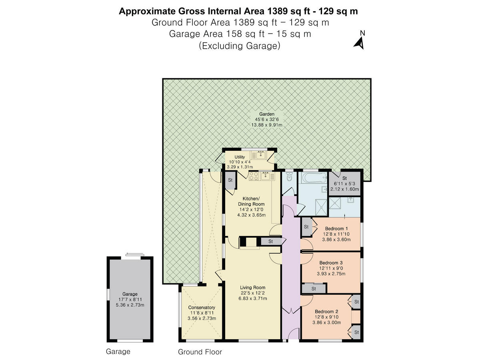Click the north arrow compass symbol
coord(359,44)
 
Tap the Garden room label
coord(266,114)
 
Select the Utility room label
coord(240,157)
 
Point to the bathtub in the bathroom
coord(313,178)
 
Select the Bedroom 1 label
coord(336,229)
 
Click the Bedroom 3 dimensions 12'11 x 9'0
coord(331,268)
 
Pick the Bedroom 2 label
coord(326,312)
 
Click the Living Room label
coord(252,288)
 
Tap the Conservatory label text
coord(202,308)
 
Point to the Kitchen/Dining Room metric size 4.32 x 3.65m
coord(252,215)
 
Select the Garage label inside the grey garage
coord(130,294)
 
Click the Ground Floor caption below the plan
coord(200,352)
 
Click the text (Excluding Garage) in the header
coord(240,46)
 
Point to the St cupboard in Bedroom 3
coord(314,288)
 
